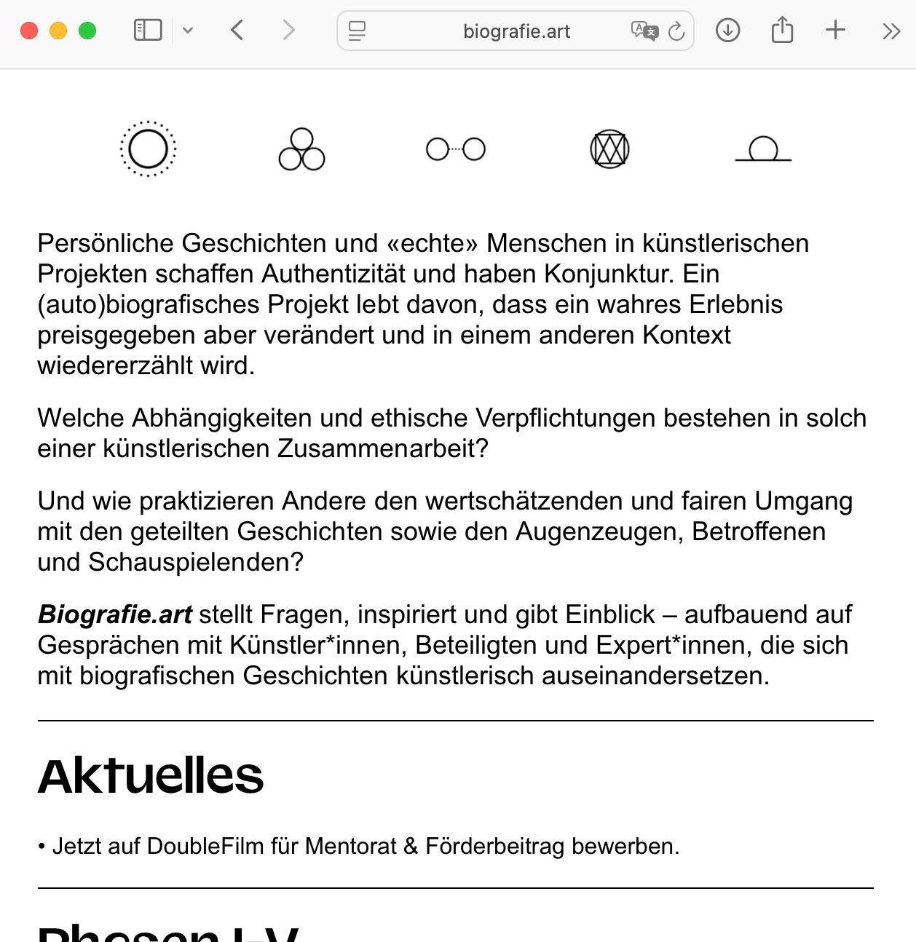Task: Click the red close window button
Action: point(29,31)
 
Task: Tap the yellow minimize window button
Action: point(58,31)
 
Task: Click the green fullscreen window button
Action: point(87,31)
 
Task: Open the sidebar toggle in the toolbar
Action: point(148,31)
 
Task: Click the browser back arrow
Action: point(237,31)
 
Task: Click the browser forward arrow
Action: point(289,31)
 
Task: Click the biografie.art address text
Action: point(516,31)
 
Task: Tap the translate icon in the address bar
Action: point(644,31)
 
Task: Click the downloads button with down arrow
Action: point(727,31)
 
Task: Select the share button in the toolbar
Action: point(782,31)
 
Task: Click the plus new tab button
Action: point(835,31)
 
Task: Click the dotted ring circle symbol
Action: point(149,149)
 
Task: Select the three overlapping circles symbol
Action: point(301,150)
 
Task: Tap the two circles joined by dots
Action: point(456,149)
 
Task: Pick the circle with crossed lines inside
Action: point(609,149)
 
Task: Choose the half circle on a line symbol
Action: point(763,150)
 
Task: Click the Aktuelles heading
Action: point(151,776)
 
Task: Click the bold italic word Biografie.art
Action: point(115,614)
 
